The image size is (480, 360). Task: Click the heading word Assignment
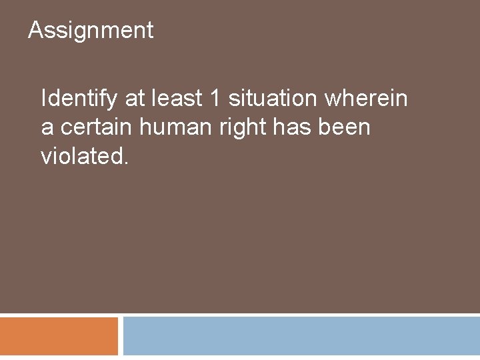(91, 31)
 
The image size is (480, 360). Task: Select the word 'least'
(178, 99)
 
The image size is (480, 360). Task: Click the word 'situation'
(273, 99)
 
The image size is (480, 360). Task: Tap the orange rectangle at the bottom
(59, 337)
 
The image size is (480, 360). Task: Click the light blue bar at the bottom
(301, 337)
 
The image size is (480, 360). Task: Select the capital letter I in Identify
(44, 99)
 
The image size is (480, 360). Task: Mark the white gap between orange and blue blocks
(121, 337)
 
